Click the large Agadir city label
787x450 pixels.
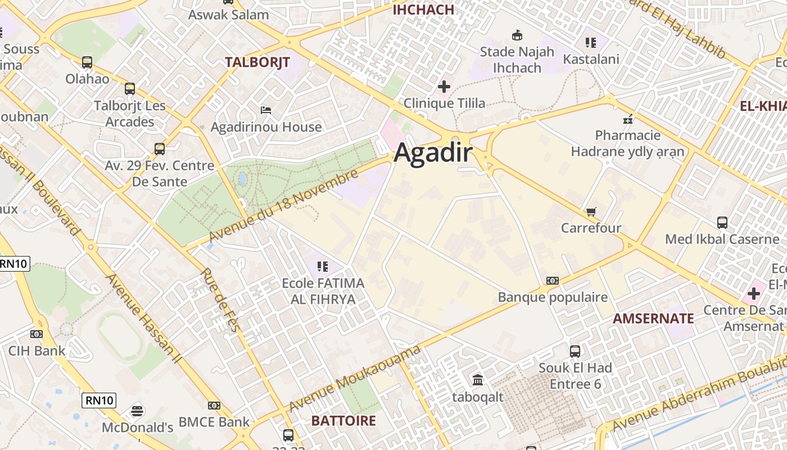433,153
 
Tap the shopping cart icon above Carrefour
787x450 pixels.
591,211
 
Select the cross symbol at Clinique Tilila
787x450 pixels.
444,87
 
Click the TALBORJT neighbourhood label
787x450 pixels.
257,62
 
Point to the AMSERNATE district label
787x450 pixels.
653,318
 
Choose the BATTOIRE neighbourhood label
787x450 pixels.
343,421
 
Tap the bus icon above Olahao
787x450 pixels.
87,62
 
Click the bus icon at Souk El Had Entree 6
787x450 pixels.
575,351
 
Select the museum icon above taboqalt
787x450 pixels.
478,380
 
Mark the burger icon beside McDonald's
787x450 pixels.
137,411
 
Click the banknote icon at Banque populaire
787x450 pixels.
553,280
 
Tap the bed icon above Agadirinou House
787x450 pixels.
266,110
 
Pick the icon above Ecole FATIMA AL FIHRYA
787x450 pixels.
322,266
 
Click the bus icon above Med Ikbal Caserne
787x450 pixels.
722,222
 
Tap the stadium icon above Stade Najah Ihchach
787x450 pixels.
517,35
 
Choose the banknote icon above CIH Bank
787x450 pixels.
37,334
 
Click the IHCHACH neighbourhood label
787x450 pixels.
423,10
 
